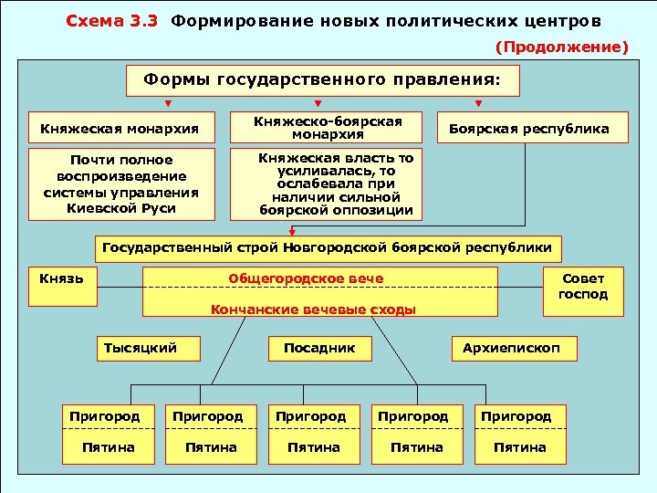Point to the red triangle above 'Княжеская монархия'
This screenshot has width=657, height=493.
pos(167,102)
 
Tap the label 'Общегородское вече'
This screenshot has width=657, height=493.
pos(306,278)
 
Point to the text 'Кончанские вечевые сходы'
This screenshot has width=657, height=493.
pos(313,309)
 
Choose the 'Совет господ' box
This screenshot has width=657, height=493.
pos(582,287)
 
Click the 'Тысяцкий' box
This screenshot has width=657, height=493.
pos(140,348)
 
